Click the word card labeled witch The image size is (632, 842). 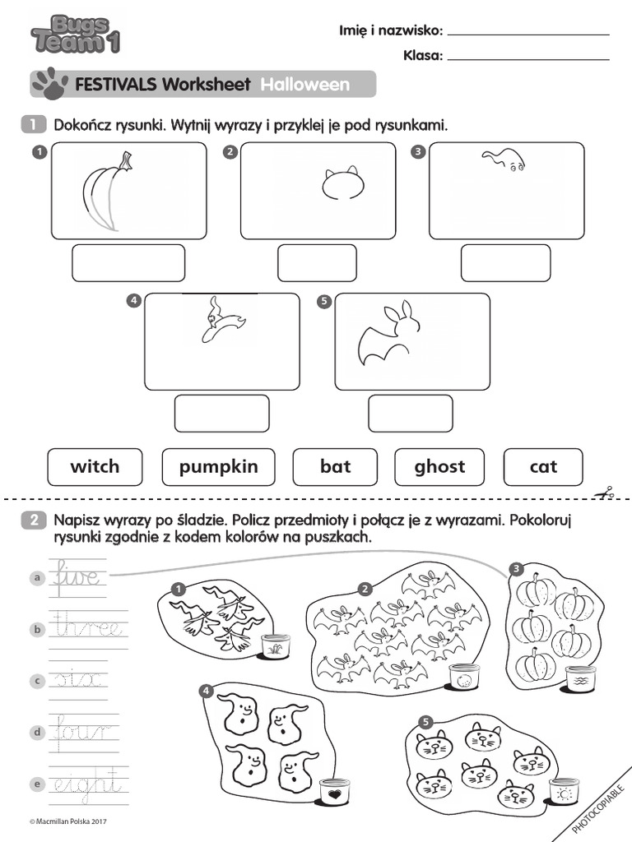[95, 467]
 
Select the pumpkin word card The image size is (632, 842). [218, 467]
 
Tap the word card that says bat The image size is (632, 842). [335, 467]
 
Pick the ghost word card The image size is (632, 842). [439, 467]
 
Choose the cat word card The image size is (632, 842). [543, 467]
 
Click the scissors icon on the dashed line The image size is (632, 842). [606, 493]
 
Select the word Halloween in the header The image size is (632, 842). [305, 85]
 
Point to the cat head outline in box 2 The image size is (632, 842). [342, 185]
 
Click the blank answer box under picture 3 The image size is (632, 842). [505, 263]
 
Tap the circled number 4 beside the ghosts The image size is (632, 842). [206, 691]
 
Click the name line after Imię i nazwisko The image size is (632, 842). [528, 34]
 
